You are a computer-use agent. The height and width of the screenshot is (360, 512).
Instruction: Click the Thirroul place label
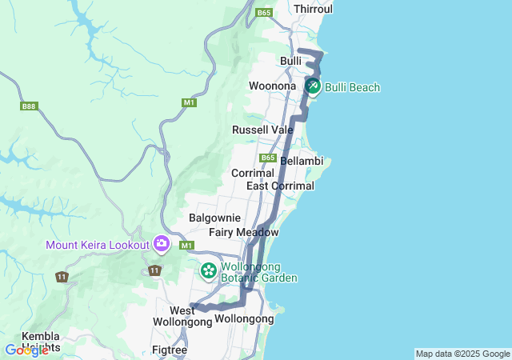[313, 9]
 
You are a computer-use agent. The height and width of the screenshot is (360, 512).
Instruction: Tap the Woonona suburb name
[273, 86]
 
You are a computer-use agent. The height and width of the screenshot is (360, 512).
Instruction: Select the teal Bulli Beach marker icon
[312, 85]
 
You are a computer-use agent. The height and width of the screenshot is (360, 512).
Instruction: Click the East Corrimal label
[280, 186]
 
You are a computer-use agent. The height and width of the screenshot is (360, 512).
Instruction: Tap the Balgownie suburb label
[214, 218]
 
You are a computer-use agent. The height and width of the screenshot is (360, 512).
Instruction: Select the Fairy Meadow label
[243, 232]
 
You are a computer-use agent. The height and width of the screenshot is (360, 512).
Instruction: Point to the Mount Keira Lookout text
[98, 245]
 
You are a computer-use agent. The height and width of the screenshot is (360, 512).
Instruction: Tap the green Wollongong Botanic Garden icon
[208, 271]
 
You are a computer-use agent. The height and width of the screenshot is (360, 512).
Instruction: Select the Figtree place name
[170, 350]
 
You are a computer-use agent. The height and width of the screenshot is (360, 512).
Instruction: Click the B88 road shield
[29, 106]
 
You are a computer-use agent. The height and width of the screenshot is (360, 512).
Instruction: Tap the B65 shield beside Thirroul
[264, 13]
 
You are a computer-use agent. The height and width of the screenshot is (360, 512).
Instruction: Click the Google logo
[26, 350]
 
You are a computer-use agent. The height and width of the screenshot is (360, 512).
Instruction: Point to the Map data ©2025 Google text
[462, 354]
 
